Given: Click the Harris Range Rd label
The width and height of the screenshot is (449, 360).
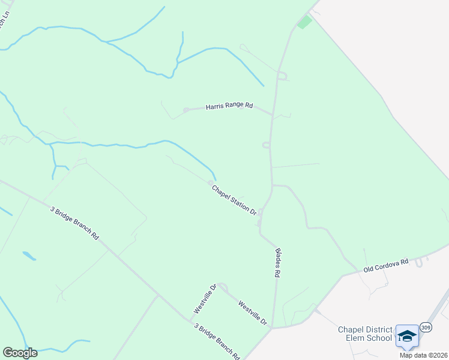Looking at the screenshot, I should (x=229, y=106).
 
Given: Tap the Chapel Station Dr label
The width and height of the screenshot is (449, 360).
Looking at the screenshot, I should (x=234, y=200).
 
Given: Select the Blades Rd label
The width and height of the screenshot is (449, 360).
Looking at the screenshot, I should (x=278, y=263).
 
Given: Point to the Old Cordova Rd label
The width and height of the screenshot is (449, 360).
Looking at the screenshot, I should (x=386, y=266).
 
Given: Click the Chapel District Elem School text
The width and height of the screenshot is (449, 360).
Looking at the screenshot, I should (x=365, y=334).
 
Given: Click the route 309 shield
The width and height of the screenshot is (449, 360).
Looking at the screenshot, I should (x=426, y=327).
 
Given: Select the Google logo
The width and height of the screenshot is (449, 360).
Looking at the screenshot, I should (x=20, y=353).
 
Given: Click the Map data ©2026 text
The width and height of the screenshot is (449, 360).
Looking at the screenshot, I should (x=424, y=355).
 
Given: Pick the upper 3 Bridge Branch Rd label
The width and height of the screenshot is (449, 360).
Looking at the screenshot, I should (x=74, y=223).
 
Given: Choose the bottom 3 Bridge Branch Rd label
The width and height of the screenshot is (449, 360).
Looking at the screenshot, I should (x=217, y=340).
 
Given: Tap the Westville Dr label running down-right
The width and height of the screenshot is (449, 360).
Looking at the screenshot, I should (x=252, y=313).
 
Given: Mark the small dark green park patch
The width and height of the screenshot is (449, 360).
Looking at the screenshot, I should (x=304, y=22).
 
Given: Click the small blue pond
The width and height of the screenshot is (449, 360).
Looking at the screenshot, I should (x=29, y=256).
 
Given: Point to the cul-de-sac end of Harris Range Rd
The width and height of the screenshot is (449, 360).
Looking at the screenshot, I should (x=186, y=110).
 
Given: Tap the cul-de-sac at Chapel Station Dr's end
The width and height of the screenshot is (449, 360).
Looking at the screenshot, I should (x=210, y=182).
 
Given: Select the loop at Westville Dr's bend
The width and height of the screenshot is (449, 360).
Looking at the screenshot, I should (x=221, y=286).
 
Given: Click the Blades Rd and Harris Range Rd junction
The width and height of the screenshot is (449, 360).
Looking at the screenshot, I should (x=273, y=115).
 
